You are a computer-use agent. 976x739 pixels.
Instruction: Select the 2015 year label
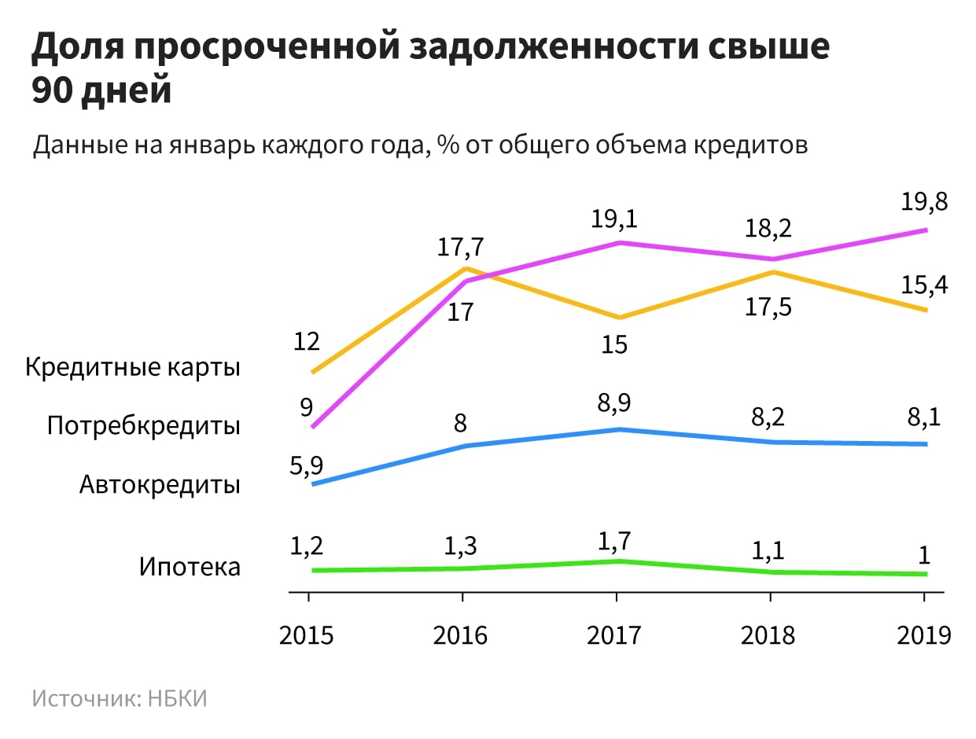(x=307, y=634)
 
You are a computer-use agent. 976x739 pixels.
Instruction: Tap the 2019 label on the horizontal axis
(x=923, y=634)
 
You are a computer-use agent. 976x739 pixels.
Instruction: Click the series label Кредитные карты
(x=133, y=368)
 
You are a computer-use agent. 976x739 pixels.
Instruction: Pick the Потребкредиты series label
(x=143, y=426)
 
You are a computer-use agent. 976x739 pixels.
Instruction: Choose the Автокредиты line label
(x=160, y=484)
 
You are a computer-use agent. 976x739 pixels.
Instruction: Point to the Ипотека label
(x=190, y=566)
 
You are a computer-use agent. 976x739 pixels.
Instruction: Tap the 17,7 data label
(x=460, y=247)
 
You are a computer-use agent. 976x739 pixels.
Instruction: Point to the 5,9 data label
(x=307, y=466)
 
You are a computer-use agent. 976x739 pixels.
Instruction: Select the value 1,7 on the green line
(x=614, y=541)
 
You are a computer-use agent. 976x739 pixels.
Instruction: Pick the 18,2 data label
(x=768, y=230)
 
